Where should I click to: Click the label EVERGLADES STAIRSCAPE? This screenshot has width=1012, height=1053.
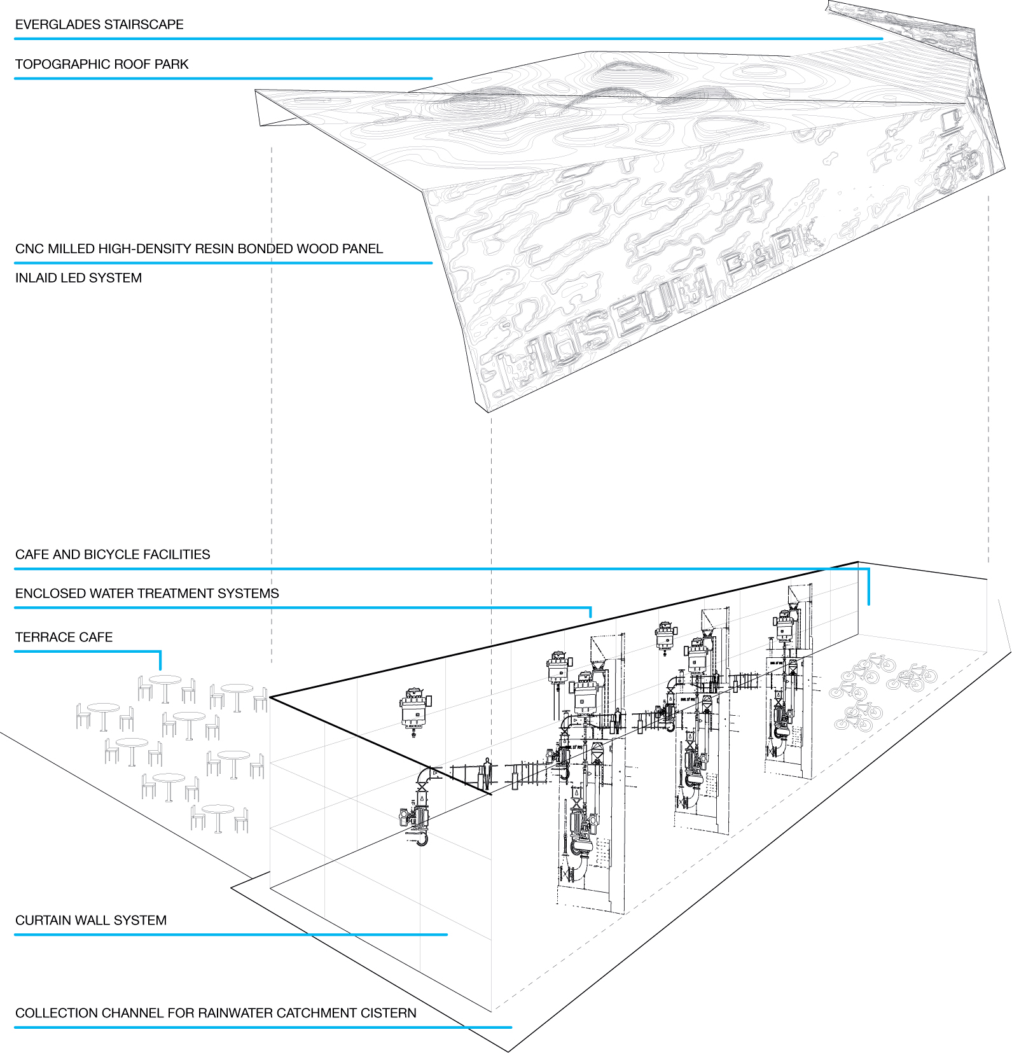[99, 25]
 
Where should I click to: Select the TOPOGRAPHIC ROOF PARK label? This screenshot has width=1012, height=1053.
[102, 64]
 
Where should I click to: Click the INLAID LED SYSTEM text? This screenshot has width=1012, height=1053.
[78, 278]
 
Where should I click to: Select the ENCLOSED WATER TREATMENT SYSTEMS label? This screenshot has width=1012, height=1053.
[147, 594]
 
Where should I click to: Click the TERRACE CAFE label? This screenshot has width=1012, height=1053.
[64, 638]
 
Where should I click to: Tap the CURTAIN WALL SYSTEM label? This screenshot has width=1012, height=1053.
[91, 921]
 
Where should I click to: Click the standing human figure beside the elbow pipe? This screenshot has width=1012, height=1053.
[487, 772]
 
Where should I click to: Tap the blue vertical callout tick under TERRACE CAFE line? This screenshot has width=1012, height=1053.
[160, 660]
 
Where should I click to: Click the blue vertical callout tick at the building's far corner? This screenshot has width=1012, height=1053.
[868, 587]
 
